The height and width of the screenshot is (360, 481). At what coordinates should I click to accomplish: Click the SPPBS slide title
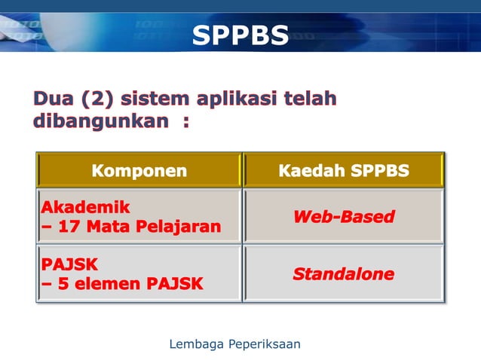(240, 35)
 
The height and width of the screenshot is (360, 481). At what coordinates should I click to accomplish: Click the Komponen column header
(139, 171)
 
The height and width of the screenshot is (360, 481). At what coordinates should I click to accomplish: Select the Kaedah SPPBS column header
(344, 171)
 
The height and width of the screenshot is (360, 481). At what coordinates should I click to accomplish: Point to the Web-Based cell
(344, 217)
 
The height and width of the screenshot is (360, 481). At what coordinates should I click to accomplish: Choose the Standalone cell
(344, 274)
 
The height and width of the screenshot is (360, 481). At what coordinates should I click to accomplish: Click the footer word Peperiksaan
(263, 344)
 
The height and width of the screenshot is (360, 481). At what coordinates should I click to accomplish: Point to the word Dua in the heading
(53, 99)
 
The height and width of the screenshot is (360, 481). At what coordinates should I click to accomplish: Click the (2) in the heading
(97, 99)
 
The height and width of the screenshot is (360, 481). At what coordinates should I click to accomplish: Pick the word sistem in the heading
(155, 99)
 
